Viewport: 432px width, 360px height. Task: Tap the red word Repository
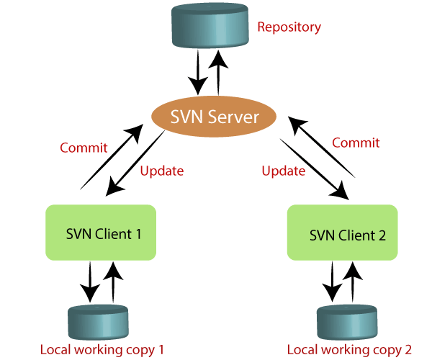pos(289,28)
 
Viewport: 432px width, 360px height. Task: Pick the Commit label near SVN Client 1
pos(84,148)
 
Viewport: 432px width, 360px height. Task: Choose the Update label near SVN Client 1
pos(161,171)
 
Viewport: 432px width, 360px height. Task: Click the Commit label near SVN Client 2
pos(356,143)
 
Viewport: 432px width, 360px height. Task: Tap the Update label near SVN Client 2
pos(283,171)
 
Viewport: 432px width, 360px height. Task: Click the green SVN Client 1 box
pos(101,232)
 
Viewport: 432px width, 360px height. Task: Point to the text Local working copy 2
pos(349,350)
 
